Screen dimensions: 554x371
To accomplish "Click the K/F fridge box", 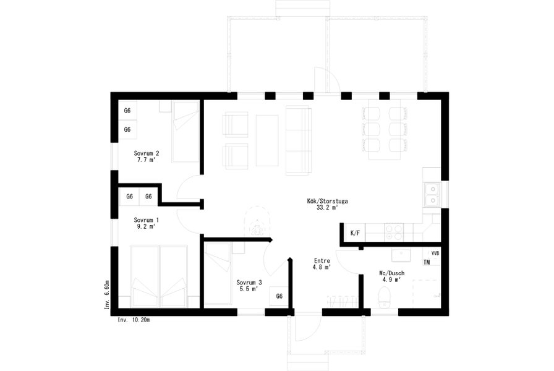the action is pos(355,233).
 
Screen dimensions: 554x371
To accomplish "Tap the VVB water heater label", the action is pos(435,254).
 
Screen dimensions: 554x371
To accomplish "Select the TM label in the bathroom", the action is pos(427,263).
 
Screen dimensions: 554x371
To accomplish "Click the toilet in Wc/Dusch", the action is pos(384,297).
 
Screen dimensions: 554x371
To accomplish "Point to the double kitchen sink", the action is pos(432,195).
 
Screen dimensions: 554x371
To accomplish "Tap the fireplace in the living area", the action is pos(257,222).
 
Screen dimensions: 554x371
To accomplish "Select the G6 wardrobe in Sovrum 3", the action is pos(279,296).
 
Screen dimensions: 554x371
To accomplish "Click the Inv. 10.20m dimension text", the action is pos(134,320).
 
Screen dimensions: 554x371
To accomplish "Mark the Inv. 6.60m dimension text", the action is pos(107,295).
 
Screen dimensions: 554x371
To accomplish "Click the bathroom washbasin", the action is pos(401,254).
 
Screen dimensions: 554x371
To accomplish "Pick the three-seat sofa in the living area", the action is pos(299,140).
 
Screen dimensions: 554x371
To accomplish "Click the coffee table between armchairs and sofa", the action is pos(267,140).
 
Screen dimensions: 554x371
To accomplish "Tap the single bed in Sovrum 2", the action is pos(185,132).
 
